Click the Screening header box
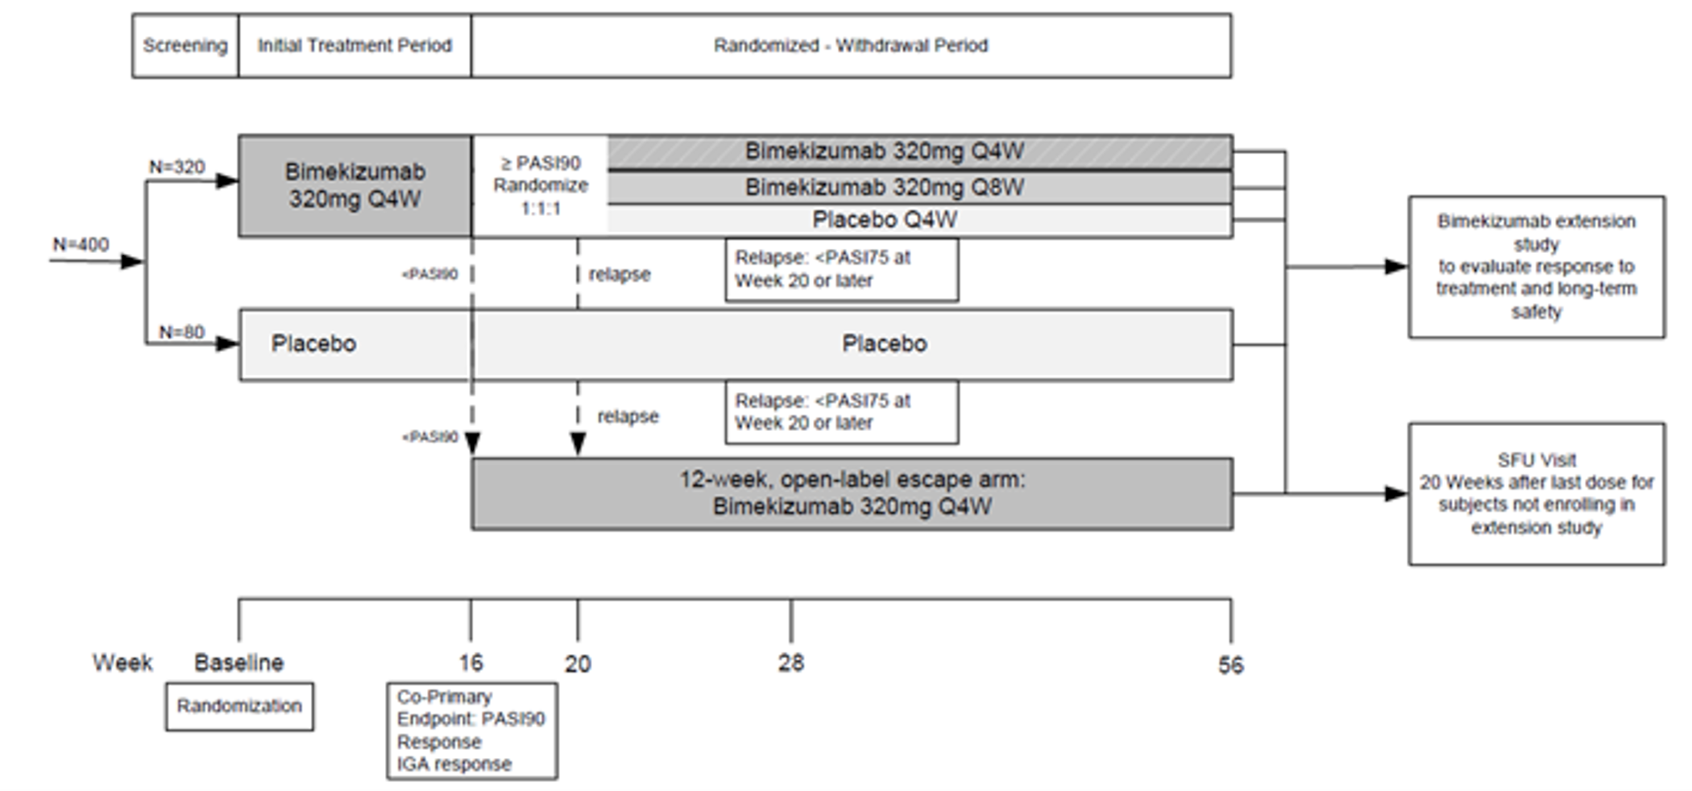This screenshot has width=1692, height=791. (x=185, y=46)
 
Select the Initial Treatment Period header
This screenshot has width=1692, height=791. (x=355, y=46)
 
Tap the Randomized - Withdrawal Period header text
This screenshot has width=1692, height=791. (x=850, y=46)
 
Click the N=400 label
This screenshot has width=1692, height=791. (x=81, y=245)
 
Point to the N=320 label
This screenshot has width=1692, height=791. (x=177, y=168)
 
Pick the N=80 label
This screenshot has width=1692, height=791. (x=182, y=333)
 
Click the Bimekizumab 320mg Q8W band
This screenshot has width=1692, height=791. (x=885, y=188)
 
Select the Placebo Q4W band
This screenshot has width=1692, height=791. (x=885, y=220)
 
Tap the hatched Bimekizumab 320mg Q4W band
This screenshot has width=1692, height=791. (x=885, y=151)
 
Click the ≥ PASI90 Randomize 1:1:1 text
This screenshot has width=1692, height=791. (x=541, y=186)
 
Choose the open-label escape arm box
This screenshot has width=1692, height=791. (x=852, y=494)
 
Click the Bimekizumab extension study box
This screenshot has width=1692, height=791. (x=1536, y=267)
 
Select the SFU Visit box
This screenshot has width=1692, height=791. (x=1536, y=494)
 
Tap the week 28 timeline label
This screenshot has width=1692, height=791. (x=790, y=663)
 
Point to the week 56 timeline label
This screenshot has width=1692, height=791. (x=1230, y=665)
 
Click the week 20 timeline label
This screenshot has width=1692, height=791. (x=578, y=665)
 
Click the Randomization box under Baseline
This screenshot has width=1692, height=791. (x=239, y=706)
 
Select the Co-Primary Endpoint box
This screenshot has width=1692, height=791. (x=471, y=731)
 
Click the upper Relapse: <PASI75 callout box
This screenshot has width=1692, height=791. (x=841, y=270)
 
